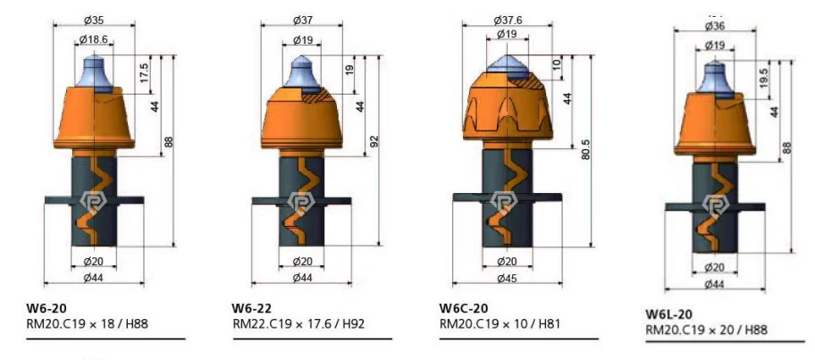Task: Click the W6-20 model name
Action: (46, 309)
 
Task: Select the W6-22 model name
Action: (252, 309)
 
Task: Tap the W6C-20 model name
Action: (464, 309)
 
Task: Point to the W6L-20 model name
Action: (669, 314)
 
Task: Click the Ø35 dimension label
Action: (94, 21)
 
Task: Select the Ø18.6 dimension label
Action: (94, 39)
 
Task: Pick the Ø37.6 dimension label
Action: (508, 21)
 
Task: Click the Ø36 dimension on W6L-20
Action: (715, 27)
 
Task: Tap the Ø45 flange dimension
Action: (508, 279)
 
